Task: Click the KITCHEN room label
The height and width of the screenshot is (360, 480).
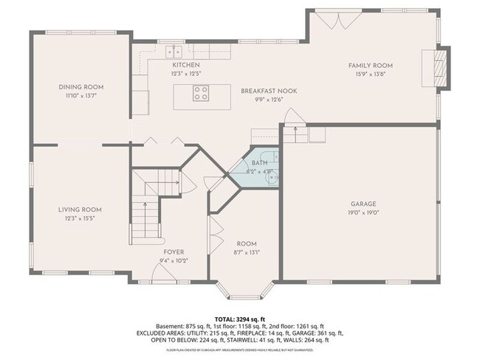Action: (185, 65)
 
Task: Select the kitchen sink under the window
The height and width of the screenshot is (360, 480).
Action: (175, 52)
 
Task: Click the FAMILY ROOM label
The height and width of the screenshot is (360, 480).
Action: (367, 65)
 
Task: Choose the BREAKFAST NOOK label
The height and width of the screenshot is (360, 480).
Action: (268, 90)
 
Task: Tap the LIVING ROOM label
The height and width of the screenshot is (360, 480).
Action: (79, 210)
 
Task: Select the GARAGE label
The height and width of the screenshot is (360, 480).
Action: (363, 203)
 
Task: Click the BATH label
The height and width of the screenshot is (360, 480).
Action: (259, 162)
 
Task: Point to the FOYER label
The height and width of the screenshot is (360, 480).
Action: (174, 252)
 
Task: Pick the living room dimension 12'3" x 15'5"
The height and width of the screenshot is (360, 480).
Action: (79, 218)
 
